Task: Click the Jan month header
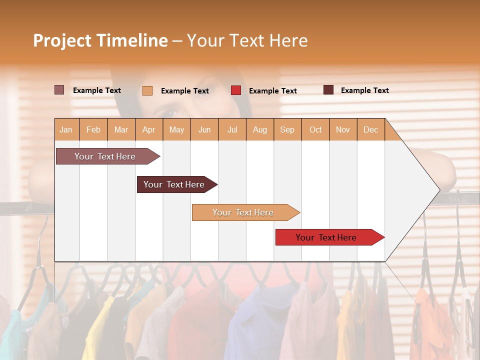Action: [x=66, y=129]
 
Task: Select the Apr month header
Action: [x=148, y=129]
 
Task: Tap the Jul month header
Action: [x=232, y=129]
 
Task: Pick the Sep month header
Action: [x=287, y=129]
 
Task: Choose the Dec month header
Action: [x=370, y=129]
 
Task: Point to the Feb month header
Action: [x=93, y=129]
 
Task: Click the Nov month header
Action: [x=342, y=129]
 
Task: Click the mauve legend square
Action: [x=59, y=90]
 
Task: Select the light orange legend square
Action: [x=147, y=90]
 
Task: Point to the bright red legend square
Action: [x=236, y=90]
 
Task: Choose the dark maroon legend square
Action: [x=328, y=90]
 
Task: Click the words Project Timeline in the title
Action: [x=100, y=40]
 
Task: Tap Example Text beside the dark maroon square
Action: [x=364, y=90]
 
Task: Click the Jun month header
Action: [x=204, y=129]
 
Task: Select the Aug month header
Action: [x=259, y=129]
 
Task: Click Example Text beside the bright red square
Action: [x=272, y=91]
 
